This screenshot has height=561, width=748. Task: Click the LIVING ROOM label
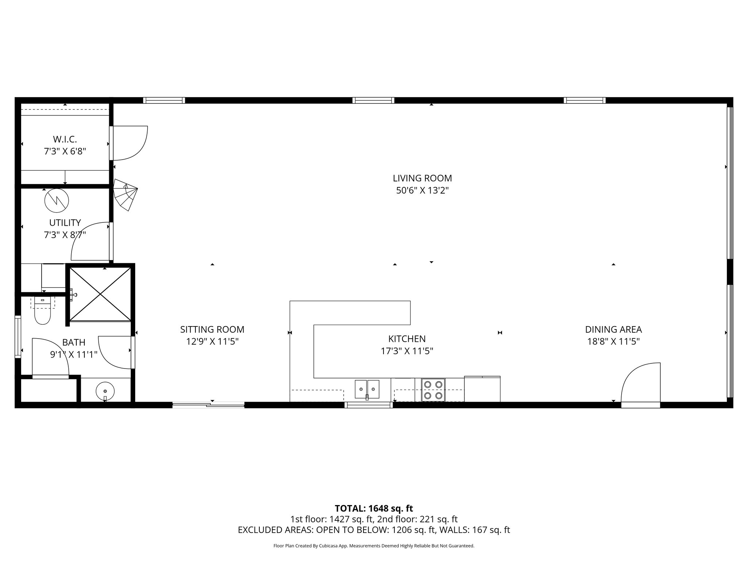point(422,178)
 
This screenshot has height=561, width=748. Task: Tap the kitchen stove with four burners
point(433,390)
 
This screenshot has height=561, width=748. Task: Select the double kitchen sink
point(367,389)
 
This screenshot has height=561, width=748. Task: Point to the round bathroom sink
point(105,391)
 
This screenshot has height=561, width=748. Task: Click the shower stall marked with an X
point(100,294)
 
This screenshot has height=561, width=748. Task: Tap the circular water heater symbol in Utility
point(57,201)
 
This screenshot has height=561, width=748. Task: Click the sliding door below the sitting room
point(208,404)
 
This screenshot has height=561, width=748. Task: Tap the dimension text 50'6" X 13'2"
point(422,191)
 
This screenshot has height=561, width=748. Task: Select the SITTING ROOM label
point(212,329)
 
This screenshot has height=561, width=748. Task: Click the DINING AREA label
point(613,329)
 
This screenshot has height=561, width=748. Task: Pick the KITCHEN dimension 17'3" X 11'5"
point(407,351)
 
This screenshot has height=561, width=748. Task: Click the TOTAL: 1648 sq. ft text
point(374,508)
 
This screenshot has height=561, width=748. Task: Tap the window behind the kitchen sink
point(369,405)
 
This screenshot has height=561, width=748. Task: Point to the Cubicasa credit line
point(374,546)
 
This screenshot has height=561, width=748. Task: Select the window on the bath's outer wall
point(18,337)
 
